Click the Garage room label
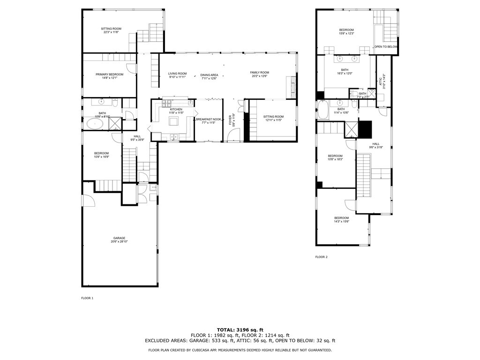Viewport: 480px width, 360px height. coord(119,238)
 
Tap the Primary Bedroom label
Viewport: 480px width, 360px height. coord(109,75)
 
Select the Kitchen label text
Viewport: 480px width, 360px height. coord(176,109)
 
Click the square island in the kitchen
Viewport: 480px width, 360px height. coord(174,122)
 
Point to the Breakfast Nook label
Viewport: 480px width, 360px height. coord(209,120)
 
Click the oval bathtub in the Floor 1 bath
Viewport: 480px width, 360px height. coord(96,124)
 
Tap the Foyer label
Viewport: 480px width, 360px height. coord(230,119)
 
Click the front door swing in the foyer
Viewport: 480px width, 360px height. coord(232,135)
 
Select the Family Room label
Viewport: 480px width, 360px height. coord(259,73)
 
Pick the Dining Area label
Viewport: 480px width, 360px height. coord(209,75)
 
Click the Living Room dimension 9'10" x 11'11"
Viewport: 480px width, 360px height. coord(177,77)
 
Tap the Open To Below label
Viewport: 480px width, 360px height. coord(385,47)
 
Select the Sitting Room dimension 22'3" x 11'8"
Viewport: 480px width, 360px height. coord(111,32)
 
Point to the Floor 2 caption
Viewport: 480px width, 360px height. coord(321,257)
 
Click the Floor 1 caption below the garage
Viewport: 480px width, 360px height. coord(88,298)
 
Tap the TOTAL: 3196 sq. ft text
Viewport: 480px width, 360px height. coord(240,330)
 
